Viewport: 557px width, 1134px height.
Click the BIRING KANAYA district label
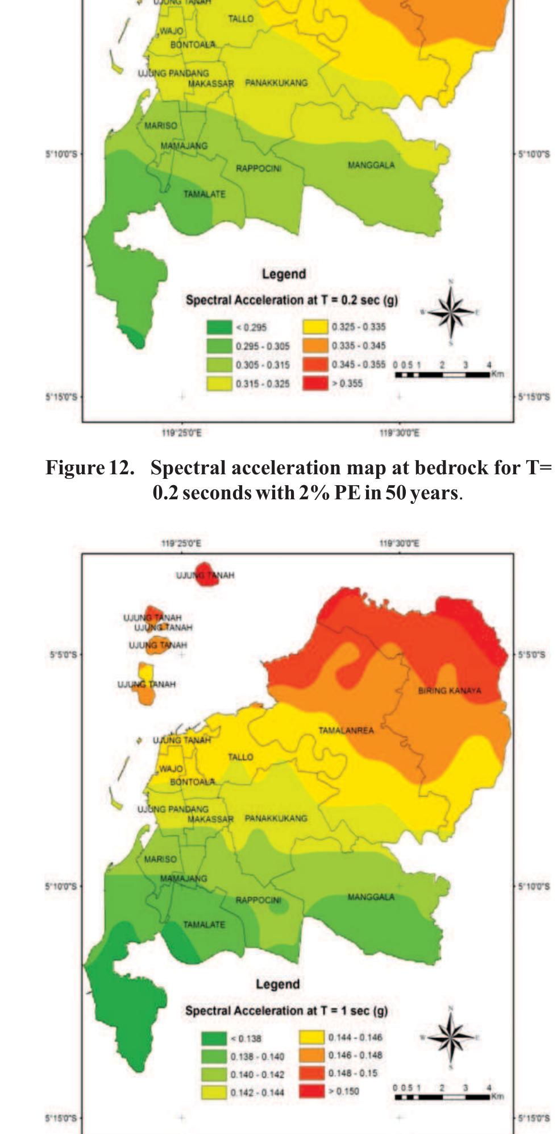tap(449, 690)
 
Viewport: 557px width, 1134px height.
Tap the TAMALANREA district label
tap(346, 730)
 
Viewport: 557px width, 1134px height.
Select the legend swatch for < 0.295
tap(219, 327)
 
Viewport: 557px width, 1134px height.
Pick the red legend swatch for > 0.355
tap(315, 383)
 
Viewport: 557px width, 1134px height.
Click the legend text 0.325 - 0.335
tap(358, 327)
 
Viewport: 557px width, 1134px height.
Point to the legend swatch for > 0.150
tap(311, 1091)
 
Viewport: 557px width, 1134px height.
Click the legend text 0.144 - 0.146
tap(355, 1037)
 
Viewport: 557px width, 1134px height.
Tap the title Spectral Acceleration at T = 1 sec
tap(286, 1011)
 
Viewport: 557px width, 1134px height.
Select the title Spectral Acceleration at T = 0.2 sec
tap(291, 300)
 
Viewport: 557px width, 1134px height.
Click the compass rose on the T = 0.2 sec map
tap(451, 312)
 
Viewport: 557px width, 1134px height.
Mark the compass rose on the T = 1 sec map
tap(451, 1037)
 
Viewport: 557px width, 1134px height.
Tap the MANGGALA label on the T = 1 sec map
tap(371, 897)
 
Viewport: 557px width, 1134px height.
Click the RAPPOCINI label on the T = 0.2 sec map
tap(259, 168)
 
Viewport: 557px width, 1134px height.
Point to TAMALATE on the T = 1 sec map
tap(204, 925)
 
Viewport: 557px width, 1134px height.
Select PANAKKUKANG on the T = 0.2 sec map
tap(276, 83)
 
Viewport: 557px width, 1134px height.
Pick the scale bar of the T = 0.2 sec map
tap(442, 374)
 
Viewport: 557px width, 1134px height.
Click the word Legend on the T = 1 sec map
tap(277, 984)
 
